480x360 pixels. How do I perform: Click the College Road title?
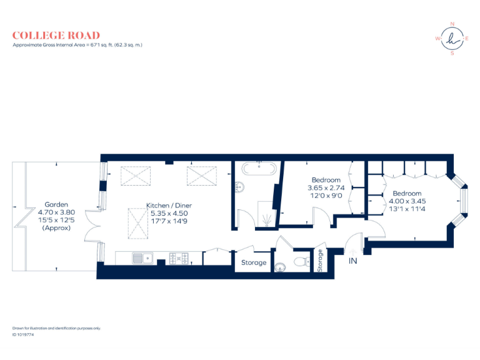pyautogui.click(x=56, y=36)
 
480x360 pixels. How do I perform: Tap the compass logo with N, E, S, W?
pyautogui.click(x=452, y=39)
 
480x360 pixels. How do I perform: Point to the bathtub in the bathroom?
pyautogui.click(x=259, y=168)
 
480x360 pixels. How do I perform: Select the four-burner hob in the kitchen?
pyautogui.click(x=177, y=256)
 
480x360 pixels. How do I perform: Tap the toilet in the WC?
pyautogui.click(x=301, y=262)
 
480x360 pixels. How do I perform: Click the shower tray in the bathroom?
pyautogui.click(x=267, y=214)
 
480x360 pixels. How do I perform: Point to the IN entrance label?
pyautogui.click(x=353, y=261)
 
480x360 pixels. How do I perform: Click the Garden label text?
pyautogui.click(x=56, y=204)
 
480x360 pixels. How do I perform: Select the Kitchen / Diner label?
pyautogui.click(x=169, y=206)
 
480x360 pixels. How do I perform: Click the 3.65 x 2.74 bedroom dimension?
pyautogui.click(x=326, y=187)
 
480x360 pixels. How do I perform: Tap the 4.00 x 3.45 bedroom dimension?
pyautogui.click(x=407, y=201)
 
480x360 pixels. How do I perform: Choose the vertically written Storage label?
pyautogui.click(x=321, y=260)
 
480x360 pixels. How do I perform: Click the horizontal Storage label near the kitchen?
pyautogui.click(x=254, y=262)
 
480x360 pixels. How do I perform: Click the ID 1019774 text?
pyautogui.click(x=23, y=334)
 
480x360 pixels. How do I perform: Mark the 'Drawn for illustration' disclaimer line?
pyautogui.click(x=56, y=327)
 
